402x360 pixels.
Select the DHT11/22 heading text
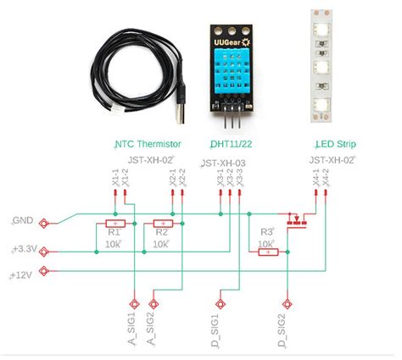[230, 143]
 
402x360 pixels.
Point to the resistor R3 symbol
[267, 251]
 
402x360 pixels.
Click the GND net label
[23, 220]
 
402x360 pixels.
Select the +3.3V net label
[24, 251]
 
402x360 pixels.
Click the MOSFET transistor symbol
[298, 220]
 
